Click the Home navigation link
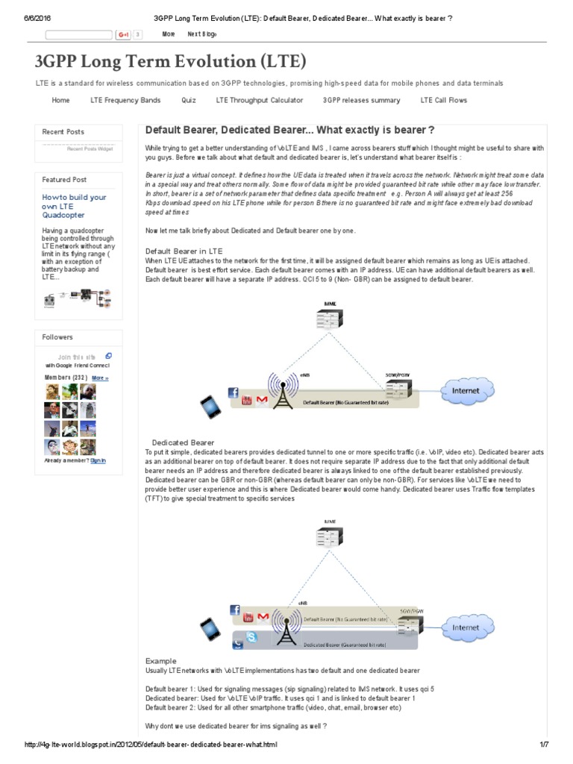tap(60, 100)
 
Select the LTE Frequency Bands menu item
tap(125, 100)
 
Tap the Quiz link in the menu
tap(188, 100)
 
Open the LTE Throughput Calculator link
tap(259, 100)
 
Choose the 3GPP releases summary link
tap(361, 100)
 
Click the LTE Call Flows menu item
tap(445, 100)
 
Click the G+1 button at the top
tap(123, 34)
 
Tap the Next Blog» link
tap(202, 34)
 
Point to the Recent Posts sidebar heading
tap(63, 132)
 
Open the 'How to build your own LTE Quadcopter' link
tap(74, 206)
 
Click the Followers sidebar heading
tap(57, 337)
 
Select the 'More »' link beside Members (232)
tap(100, 378)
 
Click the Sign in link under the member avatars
tap(98, 460)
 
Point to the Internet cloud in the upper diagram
tap(466, 389)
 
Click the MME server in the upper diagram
tap(330, 319)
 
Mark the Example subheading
tap(161, 661)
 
